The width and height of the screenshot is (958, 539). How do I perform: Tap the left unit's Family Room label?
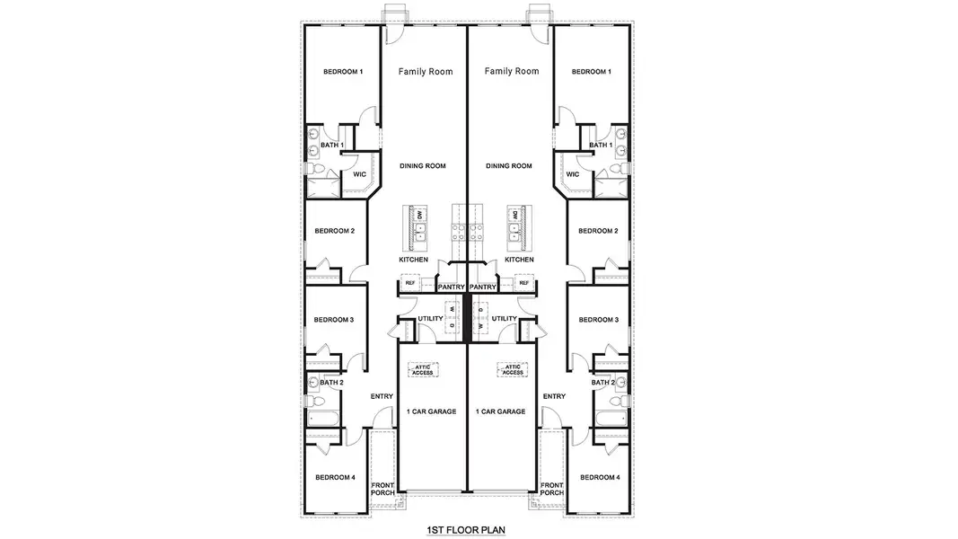pos(426,72)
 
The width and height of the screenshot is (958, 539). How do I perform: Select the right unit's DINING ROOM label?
pos(509,166)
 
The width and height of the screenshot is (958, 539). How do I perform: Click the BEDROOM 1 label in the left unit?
pos(343,72)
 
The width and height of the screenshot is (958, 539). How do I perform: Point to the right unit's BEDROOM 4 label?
pos(600,477)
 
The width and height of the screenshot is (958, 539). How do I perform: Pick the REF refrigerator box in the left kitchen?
pos(410,283)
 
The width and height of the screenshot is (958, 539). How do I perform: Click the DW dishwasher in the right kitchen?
pos(515,216)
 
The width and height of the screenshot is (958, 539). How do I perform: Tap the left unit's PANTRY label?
pos(451,287)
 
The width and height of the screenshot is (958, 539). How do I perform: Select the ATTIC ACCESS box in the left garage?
pos(423,369)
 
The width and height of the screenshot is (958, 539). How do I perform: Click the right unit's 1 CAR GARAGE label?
pos(500,411)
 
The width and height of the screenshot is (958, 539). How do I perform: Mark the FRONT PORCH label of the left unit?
pos(382,489)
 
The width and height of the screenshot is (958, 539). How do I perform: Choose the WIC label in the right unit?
pos(573,174)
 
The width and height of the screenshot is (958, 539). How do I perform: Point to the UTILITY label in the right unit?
pos(505,319)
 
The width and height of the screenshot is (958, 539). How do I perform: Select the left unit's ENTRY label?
pos(382,396)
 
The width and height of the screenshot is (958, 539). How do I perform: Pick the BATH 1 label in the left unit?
pos(332,145)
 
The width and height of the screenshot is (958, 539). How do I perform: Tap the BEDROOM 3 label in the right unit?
pos(599,320)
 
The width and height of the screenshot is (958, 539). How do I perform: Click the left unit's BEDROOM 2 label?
pos(334,231)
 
